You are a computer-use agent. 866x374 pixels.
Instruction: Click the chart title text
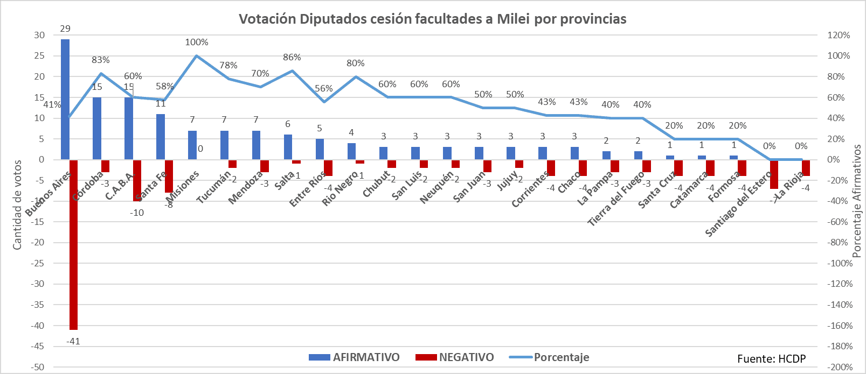pos(432,19)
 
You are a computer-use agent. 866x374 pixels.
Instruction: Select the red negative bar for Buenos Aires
pos(73,245)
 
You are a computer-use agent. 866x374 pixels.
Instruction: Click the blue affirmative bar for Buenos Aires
pos(65,100)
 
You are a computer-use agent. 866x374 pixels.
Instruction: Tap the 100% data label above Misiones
pos(196,42)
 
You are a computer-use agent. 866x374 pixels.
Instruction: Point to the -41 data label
pos(73,341)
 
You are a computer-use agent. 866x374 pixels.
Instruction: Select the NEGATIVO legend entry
pos(455,357)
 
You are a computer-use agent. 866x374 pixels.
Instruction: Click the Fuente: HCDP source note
pos(771,359)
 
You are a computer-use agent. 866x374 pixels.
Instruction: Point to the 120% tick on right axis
pos(839,35)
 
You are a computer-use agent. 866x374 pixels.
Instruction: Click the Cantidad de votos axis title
pos(17,204)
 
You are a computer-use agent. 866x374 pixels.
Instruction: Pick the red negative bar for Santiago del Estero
pos(774,174)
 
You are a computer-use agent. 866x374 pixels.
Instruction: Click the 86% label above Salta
pos(292,57)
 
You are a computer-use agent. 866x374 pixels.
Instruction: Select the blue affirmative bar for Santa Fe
pos(161,137)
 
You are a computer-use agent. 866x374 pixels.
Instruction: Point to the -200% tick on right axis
pos(840,367)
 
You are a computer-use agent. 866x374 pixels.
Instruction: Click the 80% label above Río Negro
pos(356,63)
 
